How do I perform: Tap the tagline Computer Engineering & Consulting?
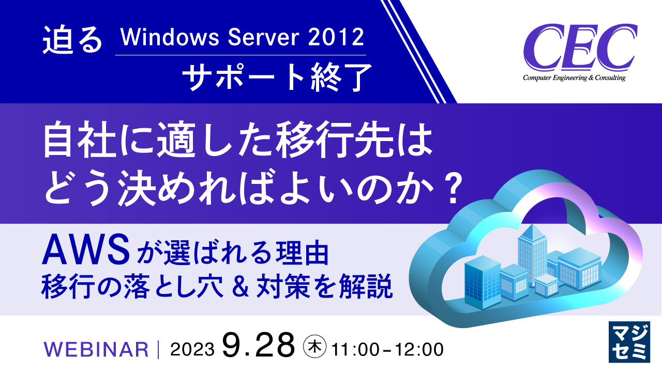(574, 78)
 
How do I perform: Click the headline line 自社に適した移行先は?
(238, 141)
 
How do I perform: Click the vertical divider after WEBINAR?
(159, 349)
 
